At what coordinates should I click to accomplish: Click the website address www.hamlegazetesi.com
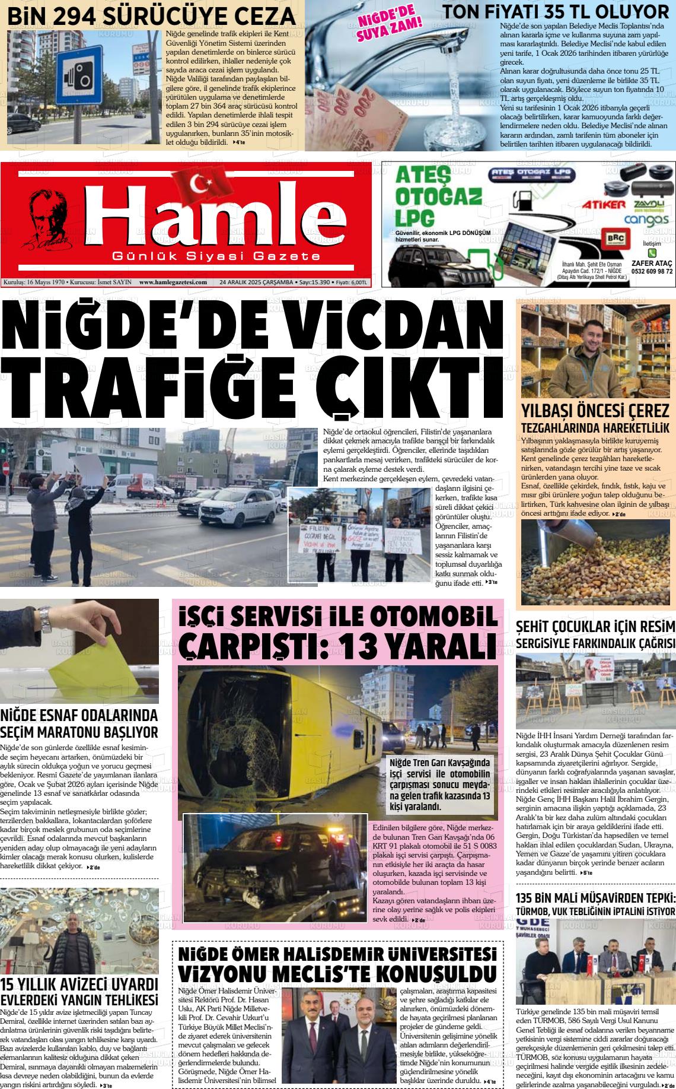173,282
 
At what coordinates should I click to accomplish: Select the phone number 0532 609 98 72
652,271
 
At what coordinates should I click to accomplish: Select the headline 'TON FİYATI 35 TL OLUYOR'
556,12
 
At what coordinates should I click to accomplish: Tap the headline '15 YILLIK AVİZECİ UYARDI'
79,982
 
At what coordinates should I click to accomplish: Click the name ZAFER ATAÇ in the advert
652,263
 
